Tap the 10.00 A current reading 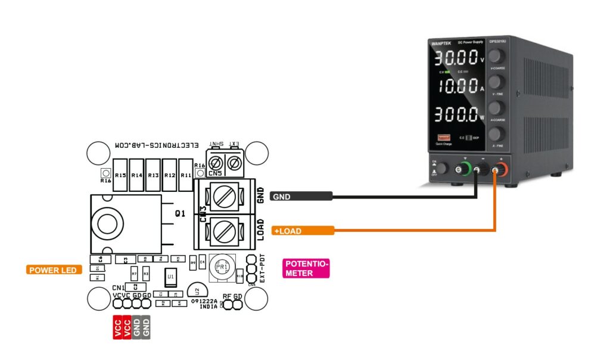[x=455, y=85]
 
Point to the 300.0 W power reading [x=455, y=113]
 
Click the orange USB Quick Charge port [x=443, y=138]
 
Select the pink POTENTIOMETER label [x=306, y=268]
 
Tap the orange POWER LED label [x=54, y=270]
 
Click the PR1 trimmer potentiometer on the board [x=222, y=269]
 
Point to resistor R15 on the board [x=121, y=175]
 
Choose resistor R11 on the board [x=185, y=175]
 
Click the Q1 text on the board [x=180, y=213]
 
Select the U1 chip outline [x=171, y=277]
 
